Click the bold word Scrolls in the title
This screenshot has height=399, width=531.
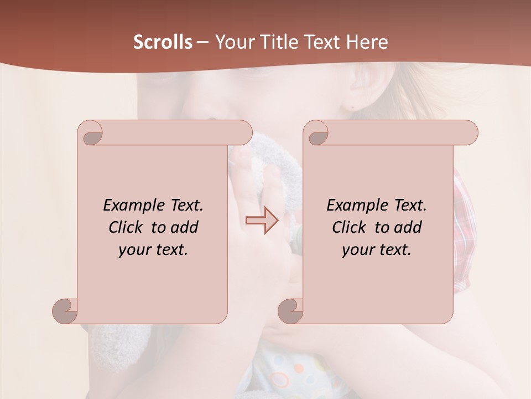163,42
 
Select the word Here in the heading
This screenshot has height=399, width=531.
367,42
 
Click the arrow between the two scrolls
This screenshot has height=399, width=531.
262,221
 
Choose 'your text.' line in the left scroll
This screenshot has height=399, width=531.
153,250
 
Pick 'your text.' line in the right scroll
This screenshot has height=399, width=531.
377,250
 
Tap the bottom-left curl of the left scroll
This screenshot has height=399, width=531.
65,310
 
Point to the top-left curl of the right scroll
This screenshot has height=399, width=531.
317,134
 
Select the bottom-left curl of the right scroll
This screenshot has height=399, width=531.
290,310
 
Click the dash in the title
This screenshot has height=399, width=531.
202,42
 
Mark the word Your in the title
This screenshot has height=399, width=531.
232,42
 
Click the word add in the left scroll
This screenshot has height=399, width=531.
185,227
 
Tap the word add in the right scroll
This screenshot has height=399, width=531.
408,227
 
